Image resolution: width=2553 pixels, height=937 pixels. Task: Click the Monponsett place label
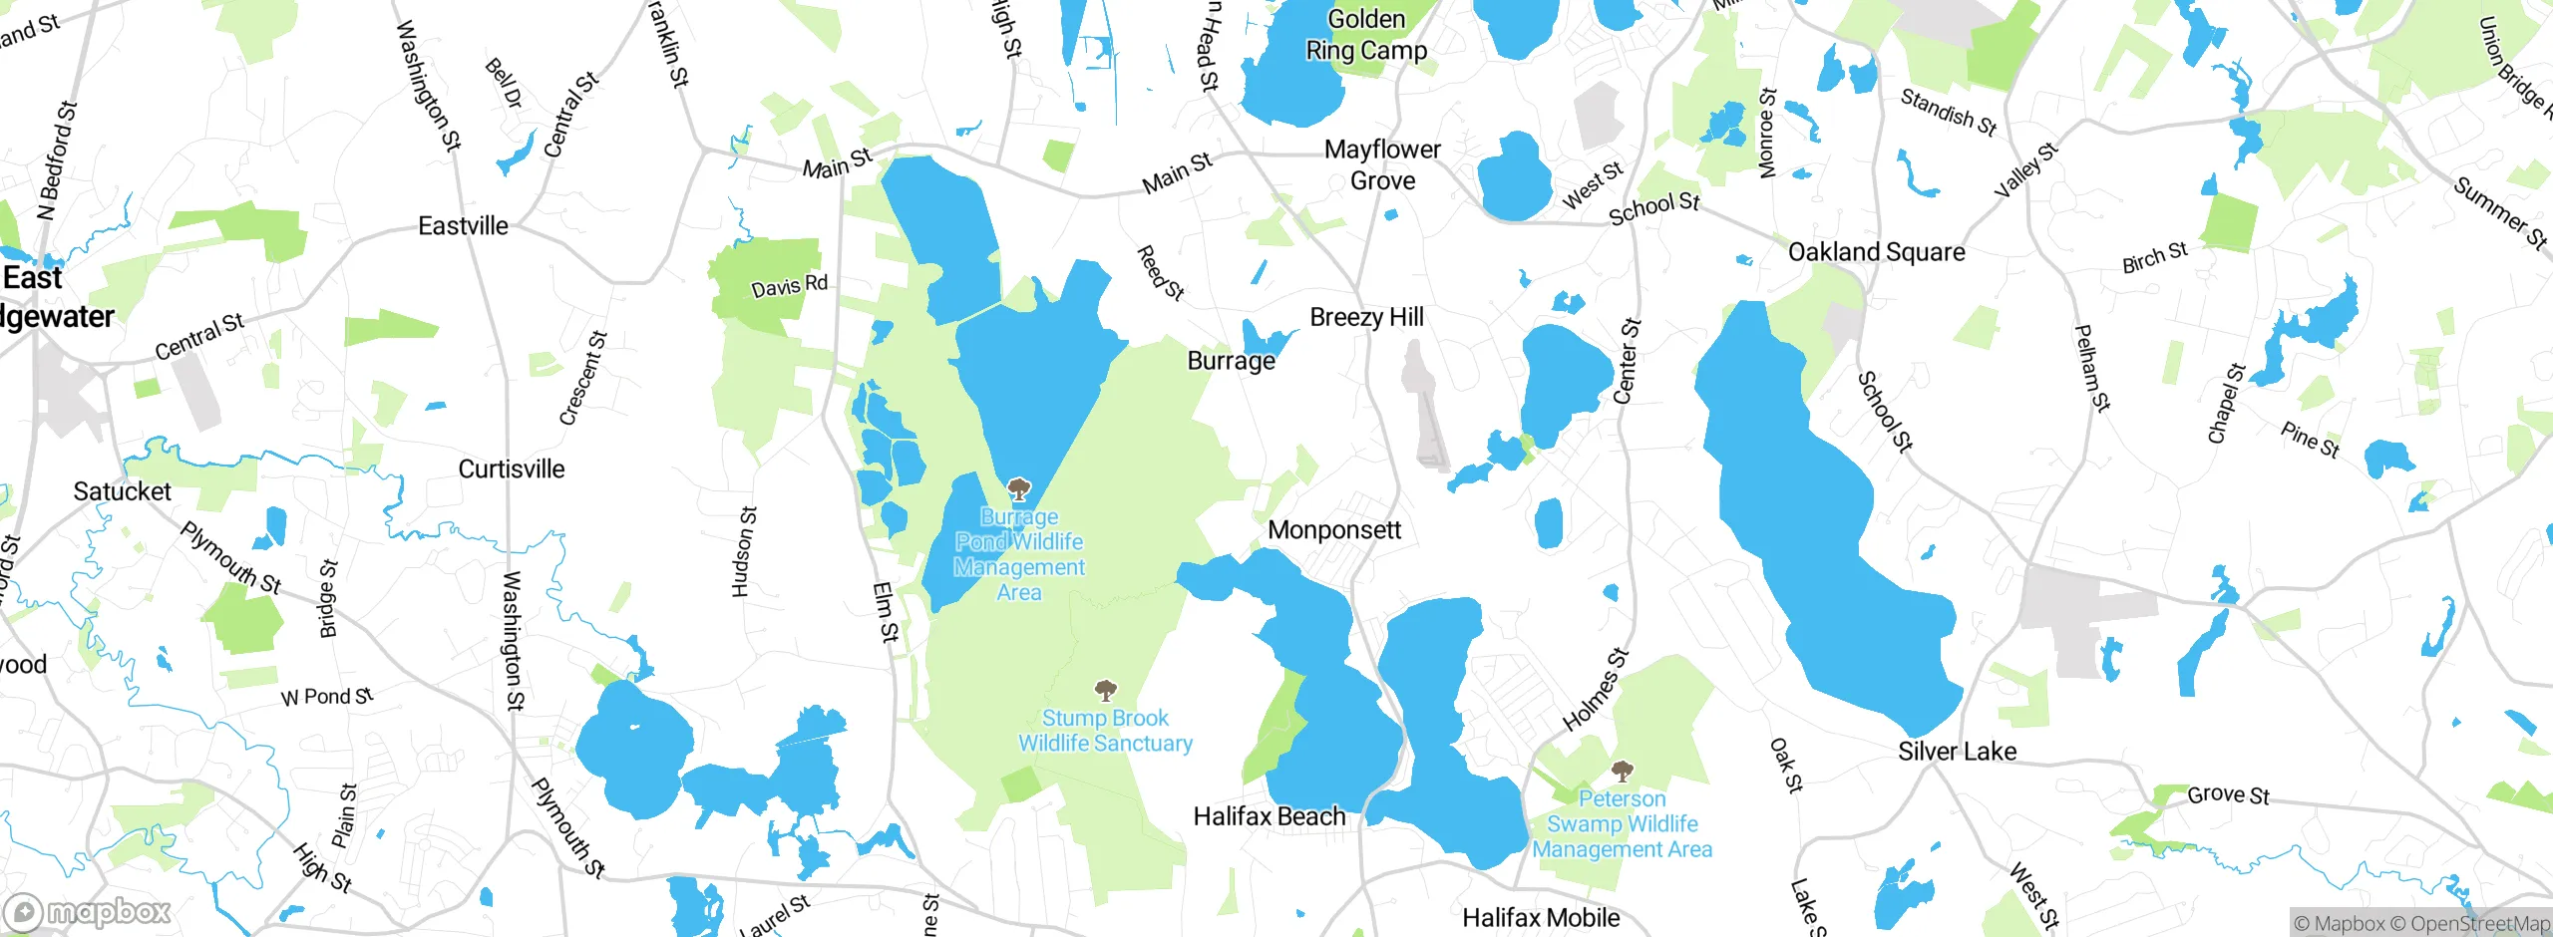click(1334, 530)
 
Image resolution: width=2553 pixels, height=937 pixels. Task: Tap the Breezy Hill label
click(1366, 317)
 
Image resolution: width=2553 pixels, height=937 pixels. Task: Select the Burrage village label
click(1231, 361)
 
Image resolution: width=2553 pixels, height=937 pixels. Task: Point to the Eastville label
click(463, 226)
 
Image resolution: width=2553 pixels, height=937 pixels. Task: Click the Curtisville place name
click(511, 468)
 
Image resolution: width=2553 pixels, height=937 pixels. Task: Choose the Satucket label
click(122, 491)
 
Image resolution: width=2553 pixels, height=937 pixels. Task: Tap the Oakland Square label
click(1876, 252)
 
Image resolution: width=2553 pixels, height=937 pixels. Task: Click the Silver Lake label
click(1957, 752)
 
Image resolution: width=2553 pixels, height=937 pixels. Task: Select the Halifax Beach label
click(1269, 816)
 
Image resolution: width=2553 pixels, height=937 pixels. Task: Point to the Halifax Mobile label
click(1540, 917)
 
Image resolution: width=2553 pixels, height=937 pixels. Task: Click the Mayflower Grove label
click(1382, 164)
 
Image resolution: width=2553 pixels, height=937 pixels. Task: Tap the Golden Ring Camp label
click(1366, 35)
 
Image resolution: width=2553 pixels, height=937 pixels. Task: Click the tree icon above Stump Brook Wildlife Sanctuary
click(1105, 690)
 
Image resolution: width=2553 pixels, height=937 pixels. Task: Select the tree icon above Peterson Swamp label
click(1623, 771)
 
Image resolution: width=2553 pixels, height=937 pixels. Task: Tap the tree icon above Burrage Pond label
click(1018, 488)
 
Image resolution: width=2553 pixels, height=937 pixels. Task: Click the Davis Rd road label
click(789, 287)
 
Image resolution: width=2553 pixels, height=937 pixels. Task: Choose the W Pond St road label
click(327, 697)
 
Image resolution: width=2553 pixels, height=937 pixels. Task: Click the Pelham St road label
click(2091, 368)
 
